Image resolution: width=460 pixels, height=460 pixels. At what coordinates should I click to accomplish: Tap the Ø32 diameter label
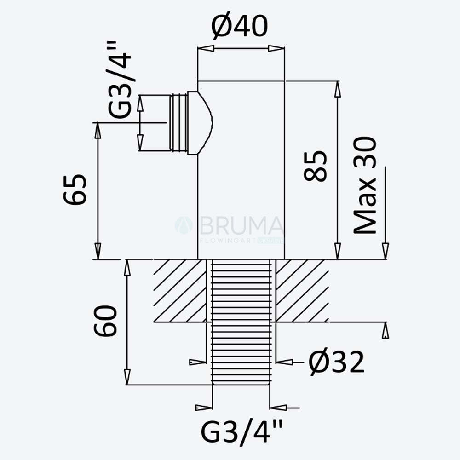tap(336, 362)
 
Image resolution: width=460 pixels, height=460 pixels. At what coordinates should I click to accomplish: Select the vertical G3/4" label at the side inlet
tap(120, 80)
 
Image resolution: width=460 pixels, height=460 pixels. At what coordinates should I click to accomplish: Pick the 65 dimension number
tap(75, 189)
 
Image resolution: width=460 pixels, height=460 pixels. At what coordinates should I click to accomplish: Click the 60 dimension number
tap(105, 321)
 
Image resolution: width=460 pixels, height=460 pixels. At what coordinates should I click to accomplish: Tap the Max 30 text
tap(365, 185)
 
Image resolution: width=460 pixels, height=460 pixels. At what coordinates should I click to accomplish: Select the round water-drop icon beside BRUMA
tap(184, 225)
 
